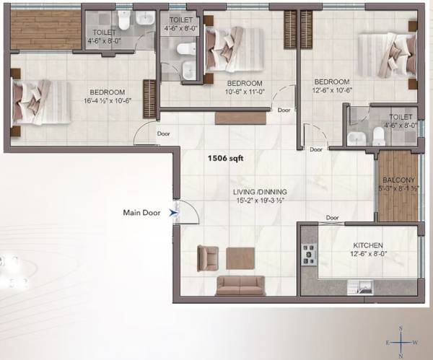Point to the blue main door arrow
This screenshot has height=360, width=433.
172,213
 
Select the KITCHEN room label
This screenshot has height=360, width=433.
368,246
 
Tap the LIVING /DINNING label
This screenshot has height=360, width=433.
260,192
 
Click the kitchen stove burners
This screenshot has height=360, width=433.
310,253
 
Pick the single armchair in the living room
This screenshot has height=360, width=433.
207,257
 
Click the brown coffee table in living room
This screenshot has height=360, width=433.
240,258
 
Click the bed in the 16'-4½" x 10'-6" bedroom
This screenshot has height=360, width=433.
40,101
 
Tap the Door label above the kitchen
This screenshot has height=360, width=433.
332,217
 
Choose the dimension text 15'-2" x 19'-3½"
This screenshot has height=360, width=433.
260,201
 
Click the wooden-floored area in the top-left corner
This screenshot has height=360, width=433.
45,30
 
